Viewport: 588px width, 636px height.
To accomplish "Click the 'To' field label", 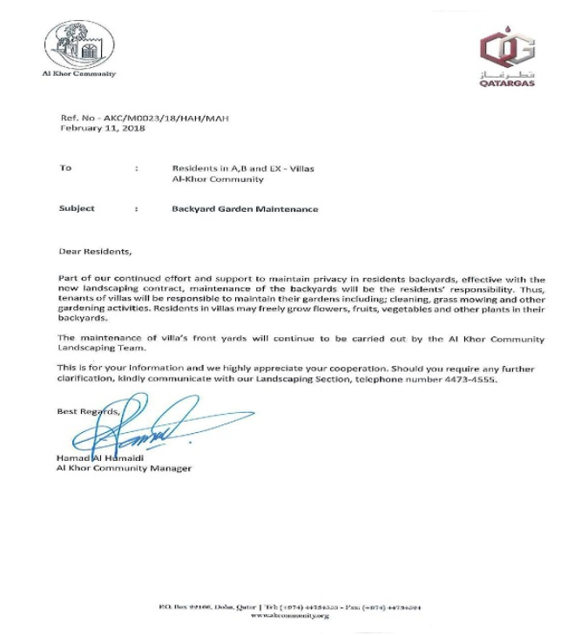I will coord(65,167).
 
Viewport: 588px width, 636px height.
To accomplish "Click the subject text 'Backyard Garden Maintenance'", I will coord(245,209).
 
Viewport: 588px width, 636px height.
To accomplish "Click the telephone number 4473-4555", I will coord(470,380).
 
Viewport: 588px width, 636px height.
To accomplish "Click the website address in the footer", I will coord(290,616).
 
